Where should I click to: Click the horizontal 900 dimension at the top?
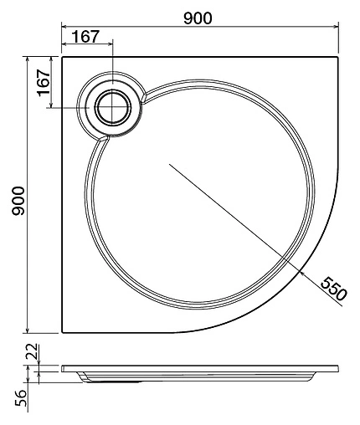point(199,18)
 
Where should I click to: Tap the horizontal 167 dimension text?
point(86,37)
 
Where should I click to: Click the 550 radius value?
point(333,289)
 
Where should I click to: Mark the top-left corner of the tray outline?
point(62,59)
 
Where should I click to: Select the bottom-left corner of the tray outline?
point(62,332)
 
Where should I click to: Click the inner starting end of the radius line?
point(169,165)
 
